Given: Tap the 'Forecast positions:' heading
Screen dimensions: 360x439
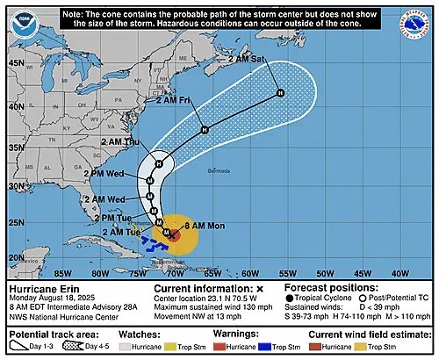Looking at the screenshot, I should click(323, 287).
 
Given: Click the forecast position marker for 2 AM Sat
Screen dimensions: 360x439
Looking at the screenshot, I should click(280, 92).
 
